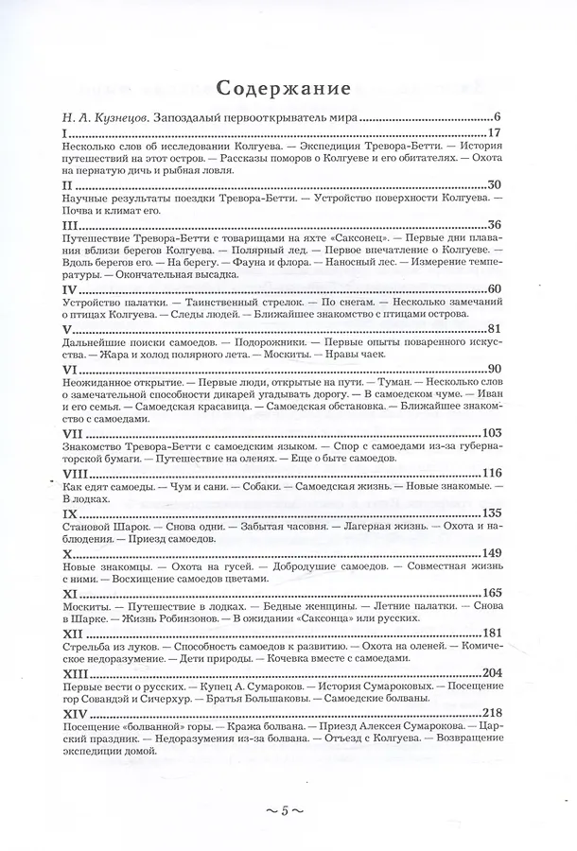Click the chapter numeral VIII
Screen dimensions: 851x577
pos(75,472)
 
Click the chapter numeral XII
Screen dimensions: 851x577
pos(72,633)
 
